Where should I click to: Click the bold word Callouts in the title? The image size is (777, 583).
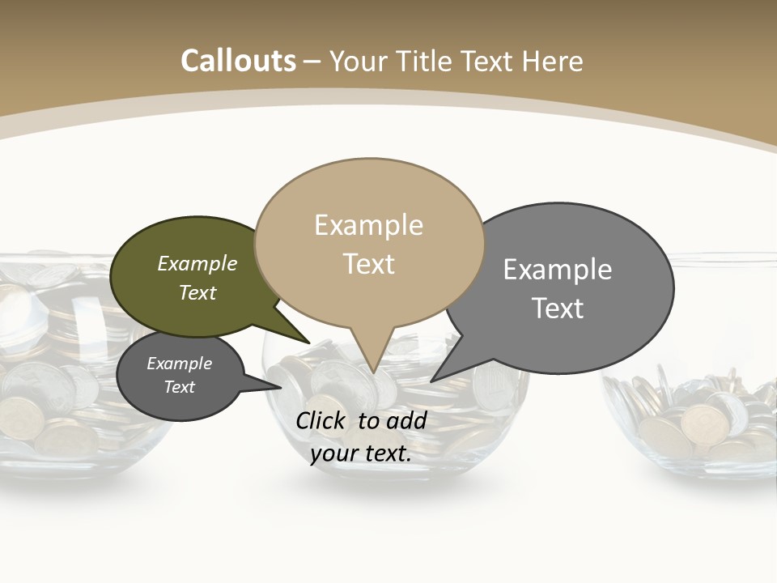(238, 61)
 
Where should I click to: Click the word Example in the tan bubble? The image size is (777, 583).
(368, 225)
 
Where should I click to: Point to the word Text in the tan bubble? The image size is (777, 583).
(368, 263)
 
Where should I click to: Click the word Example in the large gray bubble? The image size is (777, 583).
(558, 270)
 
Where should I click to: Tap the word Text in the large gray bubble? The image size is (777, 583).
(558, 308)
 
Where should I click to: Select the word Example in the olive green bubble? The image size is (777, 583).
(197, 263)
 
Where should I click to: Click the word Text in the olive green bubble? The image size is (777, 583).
(197, 292)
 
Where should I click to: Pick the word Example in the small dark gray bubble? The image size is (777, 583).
(179, 364)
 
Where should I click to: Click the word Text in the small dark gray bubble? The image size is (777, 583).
(179, 387)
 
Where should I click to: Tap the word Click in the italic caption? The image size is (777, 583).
(321, 420)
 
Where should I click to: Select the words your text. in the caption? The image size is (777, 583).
(360, 453)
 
